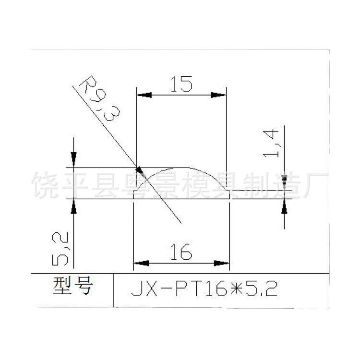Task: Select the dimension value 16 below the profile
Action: pos(181,251)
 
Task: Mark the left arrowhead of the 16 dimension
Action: pos(140,263)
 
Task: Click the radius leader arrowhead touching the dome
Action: pos(140,169)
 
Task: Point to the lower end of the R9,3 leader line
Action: pos(180,223)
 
